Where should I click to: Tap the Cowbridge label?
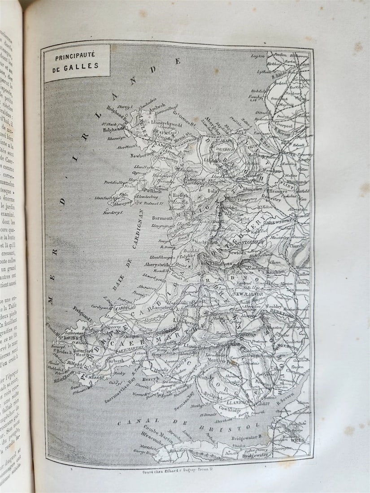click(x=231, y=409)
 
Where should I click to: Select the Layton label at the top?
click(x=257, y=56)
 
